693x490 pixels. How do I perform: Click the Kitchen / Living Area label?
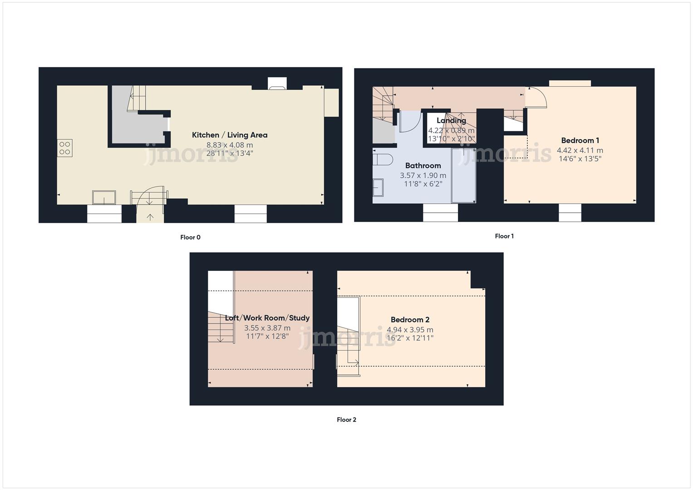click(229, 135)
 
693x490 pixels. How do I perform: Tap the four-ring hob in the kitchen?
click(64, 148)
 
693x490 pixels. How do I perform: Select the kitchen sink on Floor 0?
click(104, 197)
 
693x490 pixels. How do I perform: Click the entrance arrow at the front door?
click(150, 217)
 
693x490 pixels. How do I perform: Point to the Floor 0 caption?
click(190, 237)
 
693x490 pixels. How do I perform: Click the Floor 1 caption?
click(504, 236)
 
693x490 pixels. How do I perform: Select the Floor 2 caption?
click(346, 420)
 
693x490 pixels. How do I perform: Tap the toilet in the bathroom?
click(382, 159)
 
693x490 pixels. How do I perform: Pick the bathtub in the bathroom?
click(463, 176)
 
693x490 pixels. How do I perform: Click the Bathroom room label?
click(423, 166)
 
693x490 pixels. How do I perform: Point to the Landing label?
click(451, 120)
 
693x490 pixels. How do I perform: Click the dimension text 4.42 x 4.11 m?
click(580, 150)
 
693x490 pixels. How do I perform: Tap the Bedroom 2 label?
click(410, 320)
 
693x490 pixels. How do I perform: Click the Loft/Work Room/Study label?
click(267, 318)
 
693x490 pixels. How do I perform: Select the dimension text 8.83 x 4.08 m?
click(230, 145)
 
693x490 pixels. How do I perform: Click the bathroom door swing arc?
click(409, 121)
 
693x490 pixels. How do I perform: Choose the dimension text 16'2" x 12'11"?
click(410, 338)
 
